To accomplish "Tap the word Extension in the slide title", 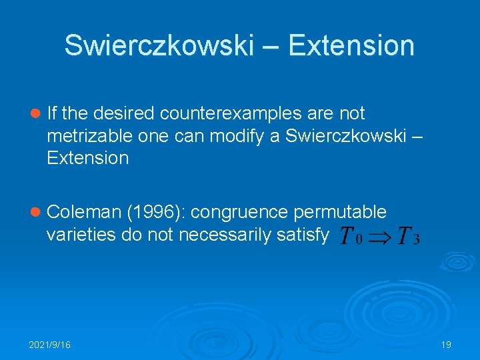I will coord(352,46).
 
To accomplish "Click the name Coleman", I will coord(85,212).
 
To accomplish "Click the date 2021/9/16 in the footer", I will coord(50,345).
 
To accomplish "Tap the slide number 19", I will coord(446,345).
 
